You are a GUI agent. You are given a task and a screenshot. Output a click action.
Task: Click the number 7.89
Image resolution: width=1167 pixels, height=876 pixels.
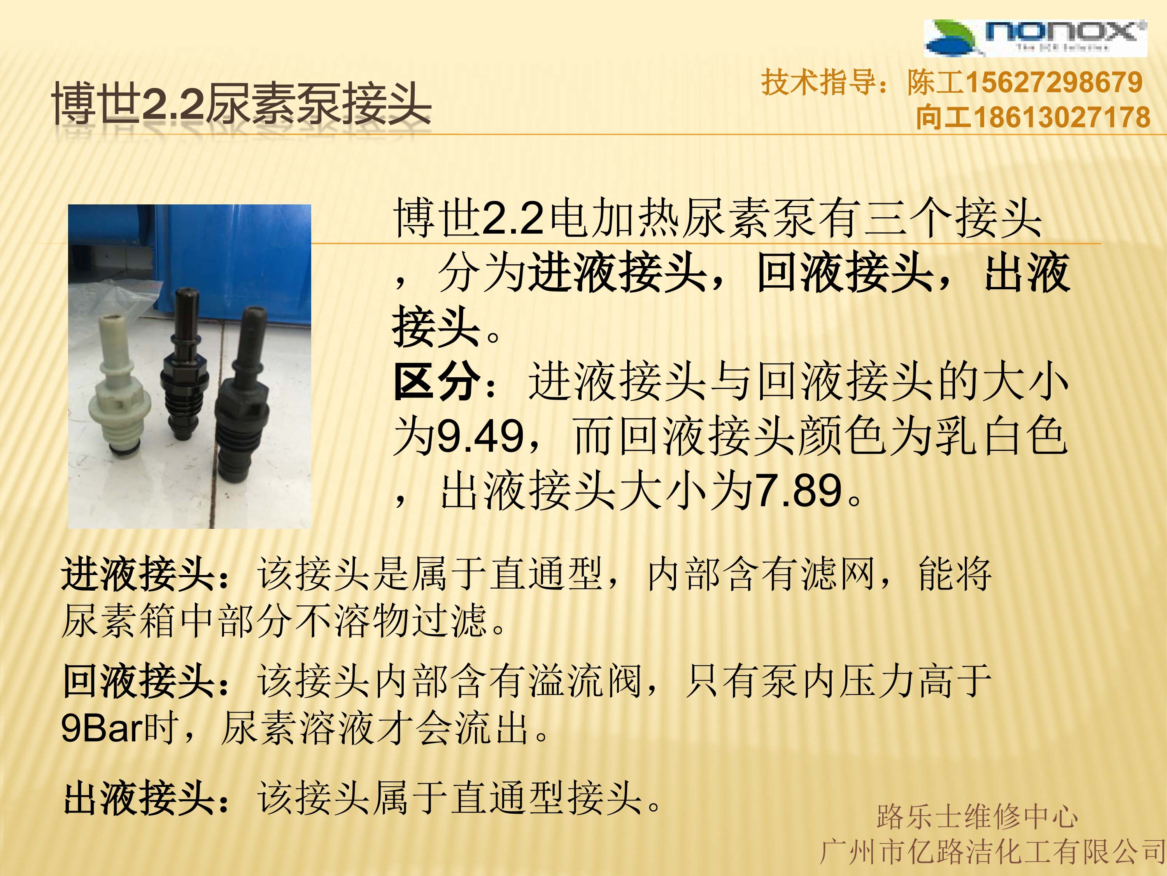point(799,491)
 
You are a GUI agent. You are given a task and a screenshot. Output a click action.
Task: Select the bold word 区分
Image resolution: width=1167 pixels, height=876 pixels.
point(438,381)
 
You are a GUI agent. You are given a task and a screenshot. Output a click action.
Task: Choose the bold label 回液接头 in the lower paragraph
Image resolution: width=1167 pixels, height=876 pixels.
point(138,681)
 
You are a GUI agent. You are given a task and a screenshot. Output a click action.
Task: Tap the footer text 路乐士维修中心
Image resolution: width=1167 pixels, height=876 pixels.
point(977,816)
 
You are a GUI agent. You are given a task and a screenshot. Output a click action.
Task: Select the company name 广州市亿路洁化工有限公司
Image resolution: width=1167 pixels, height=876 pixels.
point(992,852)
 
